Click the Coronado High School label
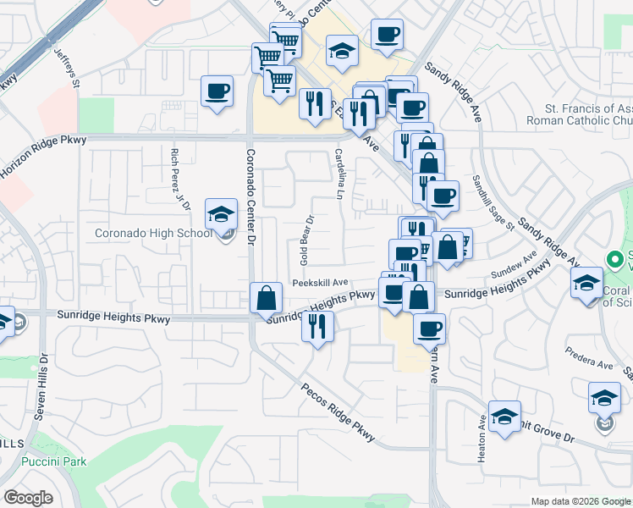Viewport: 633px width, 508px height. pyautogui.click(x=153, y=233)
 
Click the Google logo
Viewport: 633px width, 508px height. pyautogui.click(x=28, y=498)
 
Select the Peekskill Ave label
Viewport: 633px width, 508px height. pyautogui.click(x=321, y=283)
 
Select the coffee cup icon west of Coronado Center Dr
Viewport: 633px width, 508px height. pyautogui.click(x=217, y=91)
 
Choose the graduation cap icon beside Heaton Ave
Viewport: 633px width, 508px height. pyautogui.click(x=504, y=416)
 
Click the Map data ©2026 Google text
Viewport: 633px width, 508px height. pyautogui.click(x=580, y=501)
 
